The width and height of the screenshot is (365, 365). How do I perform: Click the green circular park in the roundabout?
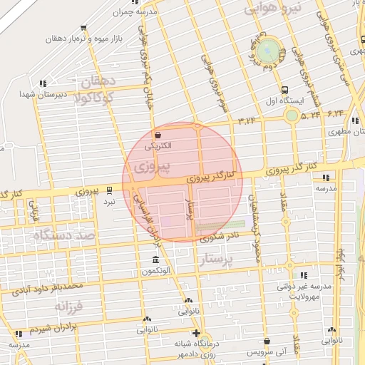(267, 51)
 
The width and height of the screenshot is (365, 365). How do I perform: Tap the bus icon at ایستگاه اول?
(285, 90)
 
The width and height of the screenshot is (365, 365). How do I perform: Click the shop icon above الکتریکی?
(158, 134)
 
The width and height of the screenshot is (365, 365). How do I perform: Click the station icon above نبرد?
(109, 190)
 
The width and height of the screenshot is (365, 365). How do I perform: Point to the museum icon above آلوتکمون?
(155, 259)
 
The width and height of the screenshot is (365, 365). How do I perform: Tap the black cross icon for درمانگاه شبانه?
(196, 332)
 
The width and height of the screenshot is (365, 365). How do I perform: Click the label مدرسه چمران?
(137, 13)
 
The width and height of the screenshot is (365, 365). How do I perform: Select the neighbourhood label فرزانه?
(69, 307)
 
